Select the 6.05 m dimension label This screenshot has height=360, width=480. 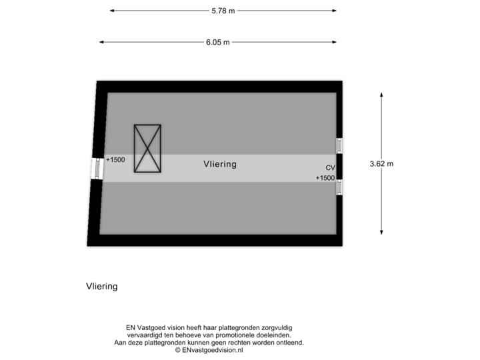pyautogui.click(x=217, y=42)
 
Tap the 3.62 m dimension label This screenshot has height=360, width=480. pyautogui.click(x=381, y=163)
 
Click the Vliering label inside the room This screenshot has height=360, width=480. pyautogui.click(x=220, y=163)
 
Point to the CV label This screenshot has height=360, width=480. pyautogui.click(x=330, y=168)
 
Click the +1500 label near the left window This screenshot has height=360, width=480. pyautogui.click(x=115, y=160)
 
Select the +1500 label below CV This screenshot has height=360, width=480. pyautogui.click(x=325, y=178)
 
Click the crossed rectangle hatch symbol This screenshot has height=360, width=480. pyautogui.click(x=147, y=149)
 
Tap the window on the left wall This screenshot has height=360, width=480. pyautogui.click(x=97, y=169)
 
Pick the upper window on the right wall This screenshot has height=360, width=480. pyautogui.click(x=339, y=145)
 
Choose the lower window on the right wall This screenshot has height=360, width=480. pyautogui.click(x=339, y=187)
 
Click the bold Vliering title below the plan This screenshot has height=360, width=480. pyautogui.click(x=101, y=287)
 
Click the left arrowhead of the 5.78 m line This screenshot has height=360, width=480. pyautogui.click(x=112, y=11)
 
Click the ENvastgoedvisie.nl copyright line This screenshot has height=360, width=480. pyautogui.click(x=209, y=349)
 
